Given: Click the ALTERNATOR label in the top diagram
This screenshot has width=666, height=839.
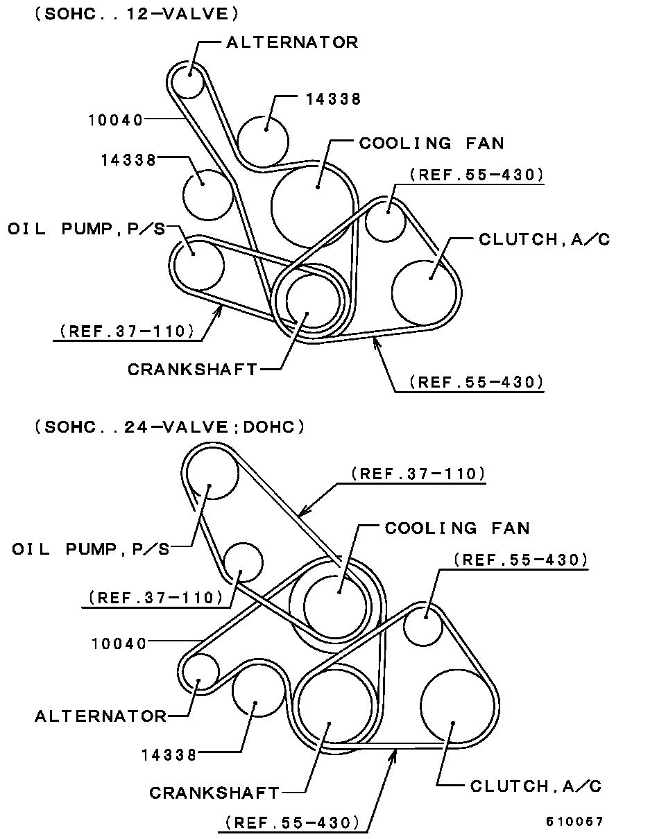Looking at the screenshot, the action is tap(292, 42).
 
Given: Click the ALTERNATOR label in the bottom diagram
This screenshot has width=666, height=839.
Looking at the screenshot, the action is tap(101, 716).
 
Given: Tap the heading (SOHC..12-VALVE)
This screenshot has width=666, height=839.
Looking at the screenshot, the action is tap(137, 15).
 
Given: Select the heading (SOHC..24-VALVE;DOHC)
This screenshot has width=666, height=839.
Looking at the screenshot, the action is tap(170, 427).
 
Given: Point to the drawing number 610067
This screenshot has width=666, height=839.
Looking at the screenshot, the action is tap(574, 822).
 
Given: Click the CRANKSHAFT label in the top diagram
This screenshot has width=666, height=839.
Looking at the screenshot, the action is tap(193, 369).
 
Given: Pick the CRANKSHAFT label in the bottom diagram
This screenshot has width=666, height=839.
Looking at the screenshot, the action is tap(214, 793).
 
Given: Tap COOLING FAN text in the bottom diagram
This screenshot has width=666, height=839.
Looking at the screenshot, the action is tap(457, 528).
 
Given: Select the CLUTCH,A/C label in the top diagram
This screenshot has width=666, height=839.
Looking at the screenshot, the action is tap(545, 239).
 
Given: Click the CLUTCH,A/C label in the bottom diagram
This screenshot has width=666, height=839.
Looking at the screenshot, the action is tap(536, 786).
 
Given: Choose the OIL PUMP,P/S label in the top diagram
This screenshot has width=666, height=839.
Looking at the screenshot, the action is tap(87, 229).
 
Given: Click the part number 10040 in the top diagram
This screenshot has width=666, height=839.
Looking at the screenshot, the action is tap(115, 120).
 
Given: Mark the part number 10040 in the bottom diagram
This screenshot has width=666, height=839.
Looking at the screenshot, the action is tap(119, 643).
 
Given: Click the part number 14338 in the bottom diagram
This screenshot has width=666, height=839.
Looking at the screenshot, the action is tap(169, 756).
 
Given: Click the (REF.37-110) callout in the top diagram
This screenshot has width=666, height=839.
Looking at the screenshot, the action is tap(127, 331).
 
